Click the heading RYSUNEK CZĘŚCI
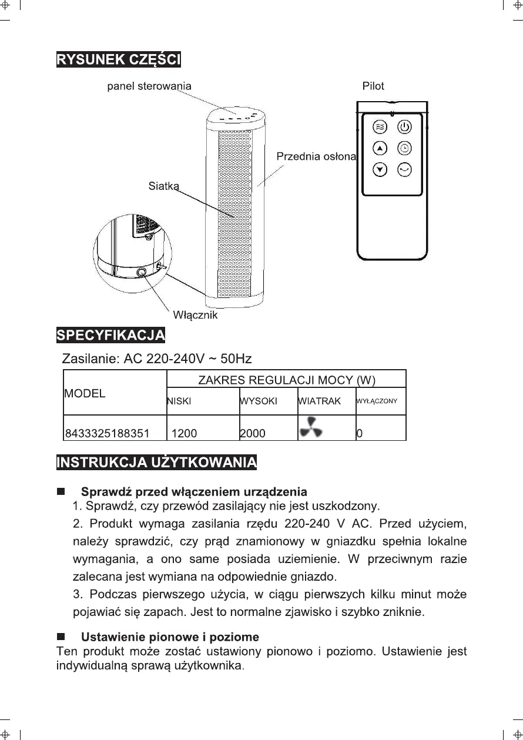pos(118,60)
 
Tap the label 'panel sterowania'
pos(149,86)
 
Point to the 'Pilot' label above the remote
pos(373,86)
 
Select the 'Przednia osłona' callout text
pos(316,156)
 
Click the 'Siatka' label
pos(163,186)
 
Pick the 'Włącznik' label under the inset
pos(195,315)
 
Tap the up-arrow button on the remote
pos(381,148)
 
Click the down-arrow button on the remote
pos(381,169)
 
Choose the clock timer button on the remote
pos(404,148)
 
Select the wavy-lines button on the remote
pos(381,126)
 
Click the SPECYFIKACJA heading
pos(110,336)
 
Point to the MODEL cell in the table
pos(85,393)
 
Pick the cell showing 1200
pos(184,434)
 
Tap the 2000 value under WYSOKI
pos(253,434)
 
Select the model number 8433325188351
pos(107,434)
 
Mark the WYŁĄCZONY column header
pos(377,401)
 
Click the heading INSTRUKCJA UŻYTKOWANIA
pos(156,462)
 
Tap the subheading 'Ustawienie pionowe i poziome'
pos(170,637)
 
